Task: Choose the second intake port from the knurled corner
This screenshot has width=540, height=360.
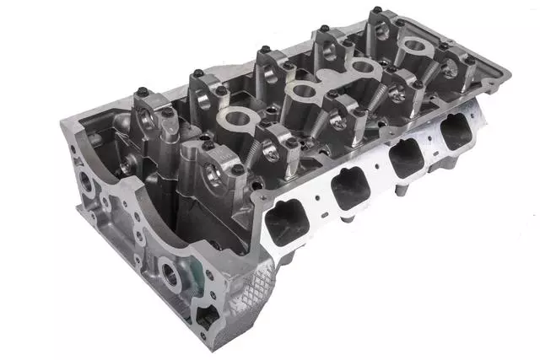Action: point(350,191)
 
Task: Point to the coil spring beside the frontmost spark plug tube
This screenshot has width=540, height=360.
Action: point(253,152)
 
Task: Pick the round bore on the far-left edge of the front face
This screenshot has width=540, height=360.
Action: point(88,181)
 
